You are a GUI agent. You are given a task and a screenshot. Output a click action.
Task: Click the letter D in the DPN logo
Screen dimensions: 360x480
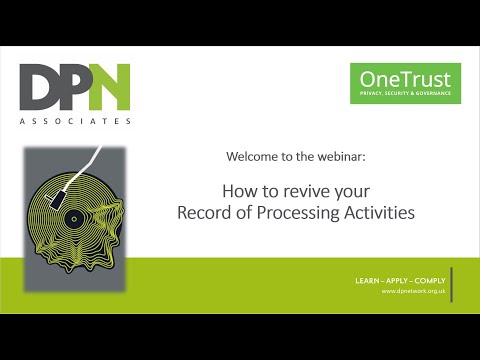click(43, 87)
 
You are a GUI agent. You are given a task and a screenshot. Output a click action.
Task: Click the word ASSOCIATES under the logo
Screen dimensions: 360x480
click(76, 122)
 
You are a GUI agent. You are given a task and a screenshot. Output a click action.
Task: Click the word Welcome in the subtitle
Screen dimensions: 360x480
click(254, 157)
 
